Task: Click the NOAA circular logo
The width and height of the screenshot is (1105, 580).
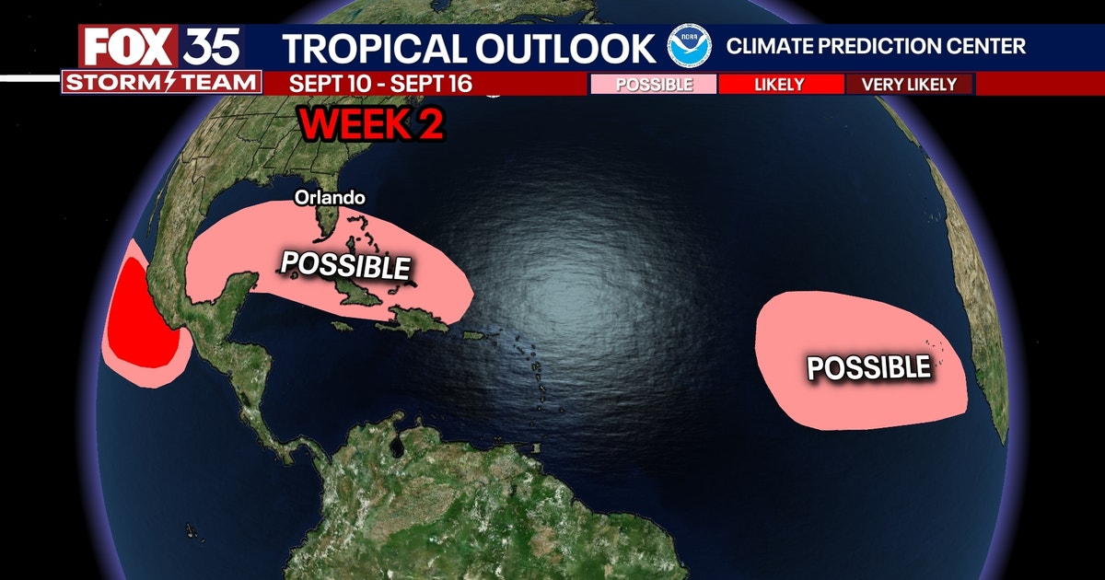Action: [690, 46]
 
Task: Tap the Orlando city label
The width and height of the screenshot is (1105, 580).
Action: [331, 197]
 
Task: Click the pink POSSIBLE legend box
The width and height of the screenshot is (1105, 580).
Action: [654, 85]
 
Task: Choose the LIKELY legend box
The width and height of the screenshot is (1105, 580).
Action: [779, 85]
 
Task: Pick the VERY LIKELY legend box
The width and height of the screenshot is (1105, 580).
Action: [909, 85]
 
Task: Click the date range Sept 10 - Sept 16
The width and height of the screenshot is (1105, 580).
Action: [380, 84]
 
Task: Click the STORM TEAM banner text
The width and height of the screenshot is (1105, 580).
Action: [161, 83]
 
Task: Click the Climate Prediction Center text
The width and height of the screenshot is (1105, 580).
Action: [876, 46]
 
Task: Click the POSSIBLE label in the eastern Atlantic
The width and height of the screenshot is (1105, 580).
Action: [868, 366]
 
